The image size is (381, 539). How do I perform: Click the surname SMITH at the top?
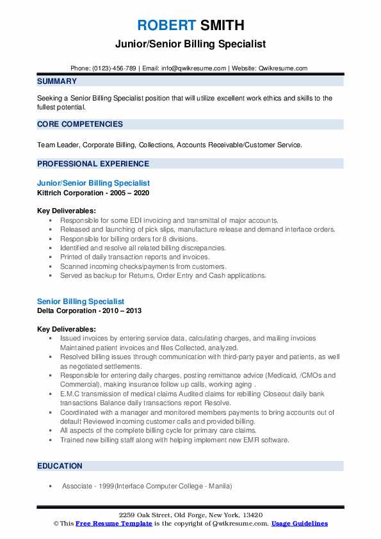[222, 26]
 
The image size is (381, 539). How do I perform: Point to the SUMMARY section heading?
[57, 81]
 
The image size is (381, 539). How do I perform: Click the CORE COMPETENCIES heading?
[80, 124]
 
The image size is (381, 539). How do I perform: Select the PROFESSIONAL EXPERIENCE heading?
[93, 163]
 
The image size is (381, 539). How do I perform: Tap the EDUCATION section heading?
[60, 466]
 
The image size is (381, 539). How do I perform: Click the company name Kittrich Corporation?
[69, 193]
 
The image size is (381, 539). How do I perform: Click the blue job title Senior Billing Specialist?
[81, 301]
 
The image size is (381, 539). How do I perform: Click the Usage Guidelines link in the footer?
[299, 524]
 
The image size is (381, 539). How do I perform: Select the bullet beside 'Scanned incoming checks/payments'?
[50, 266]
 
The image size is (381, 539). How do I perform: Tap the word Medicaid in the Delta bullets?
[271, 375]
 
